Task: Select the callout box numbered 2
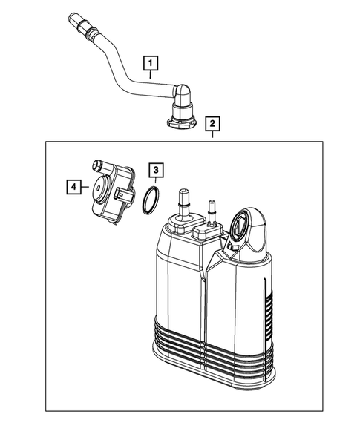[212, 123]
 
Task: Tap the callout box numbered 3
[154, 171]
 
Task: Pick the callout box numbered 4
[73, 188]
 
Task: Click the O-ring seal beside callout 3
[151, 200]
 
